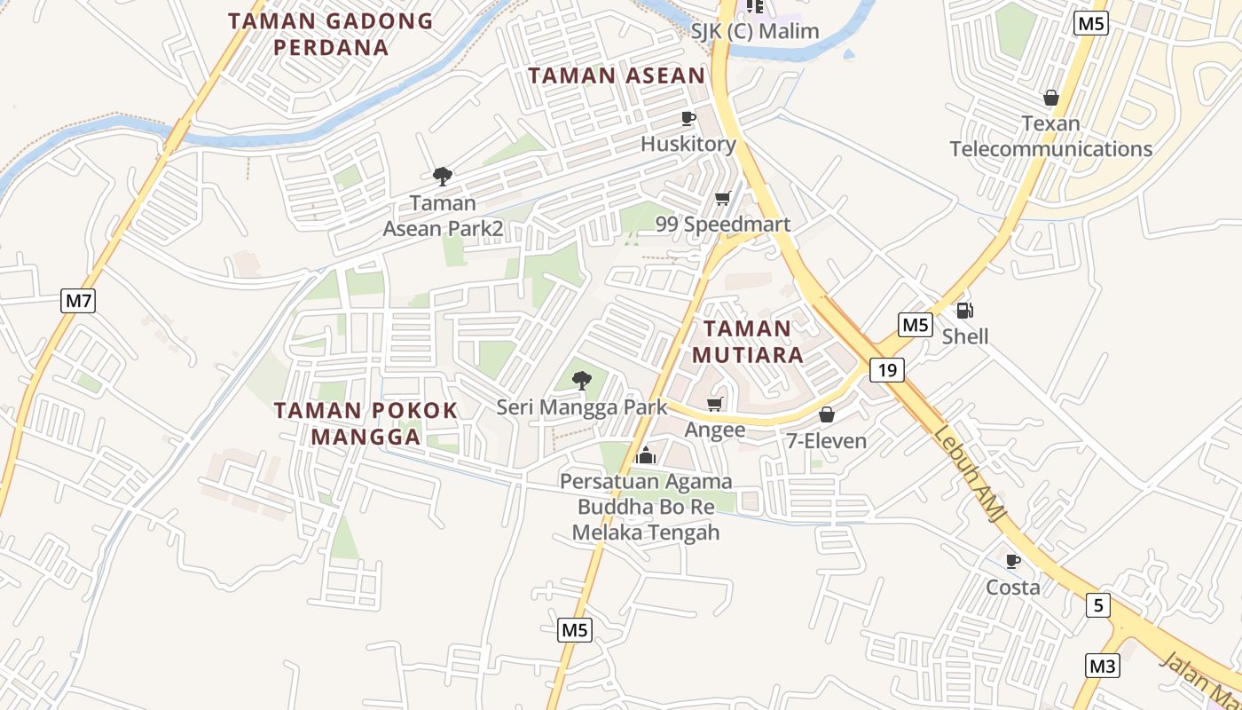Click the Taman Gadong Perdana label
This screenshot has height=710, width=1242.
pyautogui.click(x=330, y=34)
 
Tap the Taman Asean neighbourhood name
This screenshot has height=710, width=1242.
pyautogui.click(x=617, y=75)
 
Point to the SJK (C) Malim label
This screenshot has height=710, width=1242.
pyautogui.click(x=755, y=32)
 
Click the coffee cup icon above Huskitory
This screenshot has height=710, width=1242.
pyautogui.click(x=688, y=118)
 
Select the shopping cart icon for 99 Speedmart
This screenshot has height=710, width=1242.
pyautogui.click(x=722, y=198)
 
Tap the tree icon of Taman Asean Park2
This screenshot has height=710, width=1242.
pyautogui.click(x=442, y=177)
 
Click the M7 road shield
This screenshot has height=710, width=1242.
pyautogui.click(x=78, y=301)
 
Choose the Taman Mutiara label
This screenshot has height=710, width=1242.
pyautogui.click(x=747, y=342)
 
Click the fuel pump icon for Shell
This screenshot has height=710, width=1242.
pyautogui.click(x=964, y=311)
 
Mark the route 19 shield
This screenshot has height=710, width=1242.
pyautogui.click(x=886, y=370)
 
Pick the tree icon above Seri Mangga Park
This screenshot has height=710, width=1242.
pyautogui.click(x=581, y=381)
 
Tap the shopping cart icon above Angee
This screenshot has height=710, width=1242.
pyautogui.click(x=714, y=405)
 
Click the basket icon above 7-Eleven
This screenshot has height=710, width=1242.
pyautogui.click(x=826, y=414)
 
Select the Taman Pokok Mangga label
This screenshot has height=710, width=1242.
pyautogui.click(x=366, y=423)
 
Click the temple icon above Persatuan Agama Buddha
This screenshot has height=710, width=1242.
pyautogui.click(x=646, y=456)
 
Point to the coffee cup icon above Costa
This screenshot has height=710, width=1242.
pyautogui.click(x=1012, y=561)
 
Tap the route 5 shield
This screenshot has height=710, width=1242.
pyautogui.click(x=1098, y=606)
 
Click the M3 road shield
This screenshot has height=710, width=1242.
pyautogui.click(x=1102, y=665)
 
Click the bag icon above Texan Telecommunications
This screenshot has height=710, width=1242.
pyautogui.click(x=1051, y=98)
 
